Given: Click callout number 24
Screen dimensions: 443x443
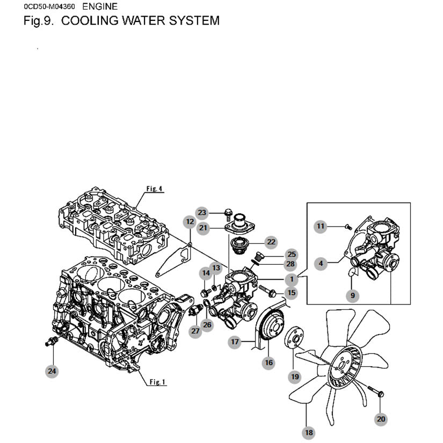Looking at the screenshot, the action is (x=52, y=371).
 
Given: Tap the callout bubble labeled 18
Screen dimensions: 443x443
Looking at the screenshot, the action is (x=309, y=433).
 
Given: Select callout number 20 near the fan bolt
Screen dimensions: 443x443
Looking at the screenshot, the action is (x=381, y=419).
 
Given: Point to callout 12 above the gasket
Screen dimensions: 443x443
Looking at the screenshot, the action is (x=190, y=222).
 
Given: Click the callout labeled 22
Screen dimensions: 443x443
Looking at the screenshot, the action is (x=271, y=242).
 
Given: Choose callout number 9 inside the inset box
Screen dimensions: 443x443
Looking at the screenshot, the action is (x=353, y=295).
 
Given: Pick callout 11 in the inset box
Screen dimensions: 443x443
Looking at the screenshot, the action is (x=321, y=226).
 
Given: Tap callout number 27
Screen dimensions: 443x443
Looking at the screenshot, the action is (x=195, y=331).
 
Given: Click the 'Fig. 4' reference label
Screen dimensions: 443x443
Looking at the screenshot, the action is (x=154, y=188).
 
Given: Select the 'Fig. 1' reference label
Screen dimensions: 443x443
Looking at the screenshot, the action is (x=157, y=382).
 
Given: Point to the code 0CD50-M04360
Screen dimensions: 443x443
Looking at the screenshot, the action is (x=49, y=6).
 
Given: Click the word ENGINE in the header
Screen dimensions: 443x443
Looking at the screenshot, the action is (x=100, y=6).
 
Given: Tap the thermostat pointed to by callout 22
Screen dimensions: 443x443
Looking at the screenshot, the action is (x=239, y=245).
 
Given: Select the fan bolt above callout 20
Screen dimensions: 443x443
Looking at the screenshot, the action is (x=376, y=391).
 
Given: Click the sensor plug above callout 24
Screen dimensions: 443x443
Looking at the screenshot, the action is (x=52, y=341).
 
